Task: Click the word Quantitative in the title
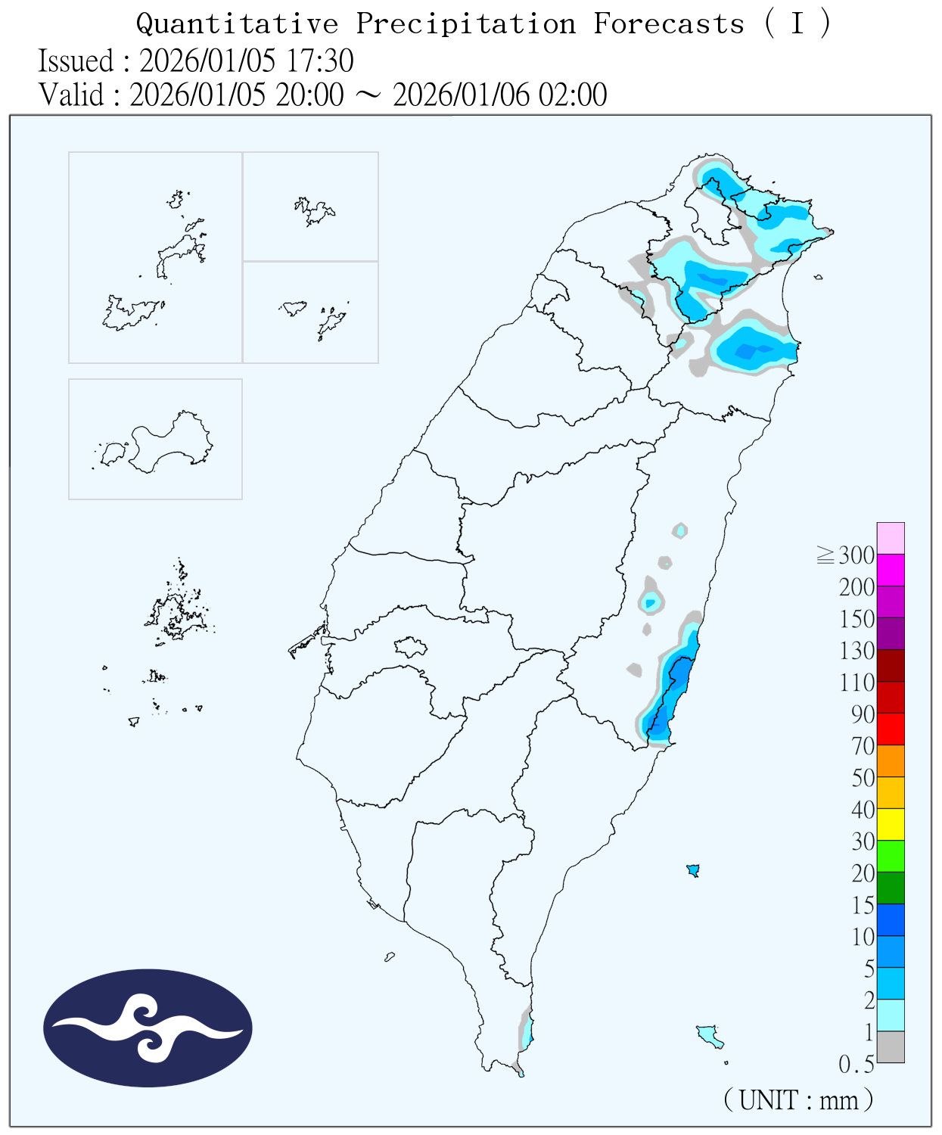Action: tap(237, 24)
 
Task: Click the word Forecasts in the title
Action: tap(669, 24)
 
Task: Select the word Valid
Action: tap(71, 95)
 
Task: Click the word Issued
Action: tap(76, 61)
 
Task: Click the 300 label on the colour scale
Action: tap(856, 556)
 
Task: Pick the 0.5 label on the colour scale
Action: tap(856, 1065)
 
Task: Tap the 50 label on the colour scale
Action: tap(863, 779)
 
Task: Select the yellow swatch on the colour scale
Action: tap(891, 824)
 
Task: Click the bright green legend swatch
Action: tap(891, 856)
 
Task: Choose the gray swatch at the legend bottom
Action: tap(891, 1046)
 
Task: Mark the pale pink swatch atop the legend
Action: tap(891, 538)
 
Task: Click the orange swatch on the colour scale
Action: tap(891, 760)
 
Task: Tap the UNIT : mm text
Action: tap(798, 1099)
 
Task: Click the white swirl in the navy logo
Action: tap(148, 1028)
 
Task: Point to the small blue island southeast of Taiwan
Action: tap(692, 870)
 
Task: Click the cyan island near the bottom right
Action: tap(709, 1034)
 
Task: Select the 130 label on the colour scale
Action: tap(856, 651)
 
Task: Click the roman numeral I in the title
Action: tap(797, 24)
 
